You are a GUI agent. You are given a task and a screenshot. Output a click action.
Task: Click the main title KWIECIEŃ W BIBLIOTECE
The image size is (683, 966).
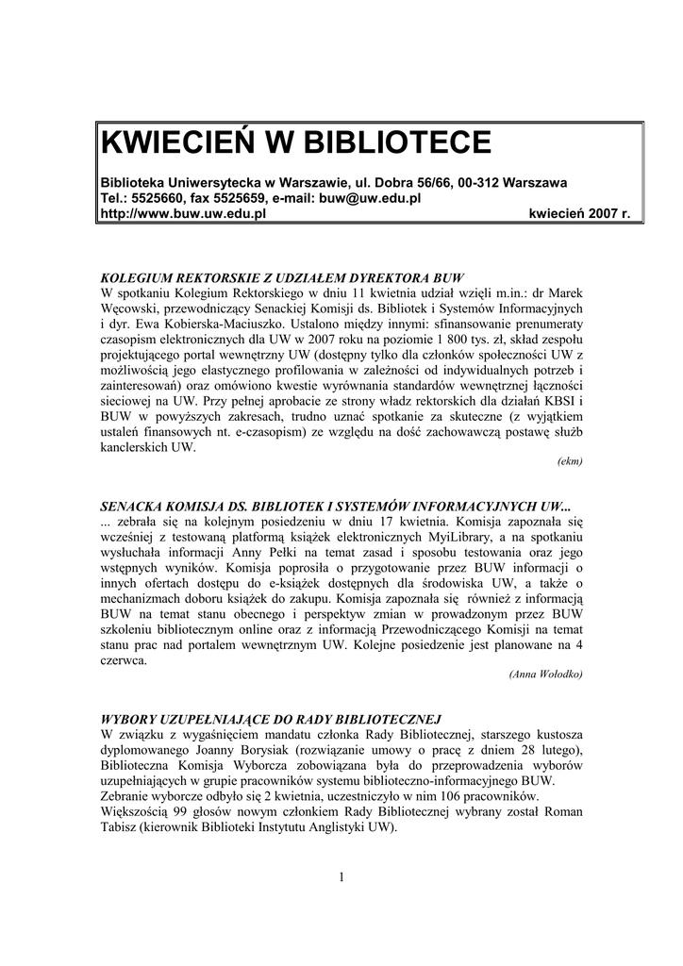[x=295, y=143]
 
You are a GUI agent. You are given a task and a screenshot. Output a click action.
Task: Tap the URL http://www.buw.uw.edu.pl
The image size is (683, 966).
[x=184, y=214]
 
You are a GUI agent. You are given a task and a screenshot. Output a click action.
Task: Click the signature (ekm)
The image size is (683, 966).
[x=570, y=461]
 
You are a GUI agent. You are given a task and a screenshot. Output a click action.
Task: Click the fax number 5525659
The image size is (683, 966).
[x=234, y=199]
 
